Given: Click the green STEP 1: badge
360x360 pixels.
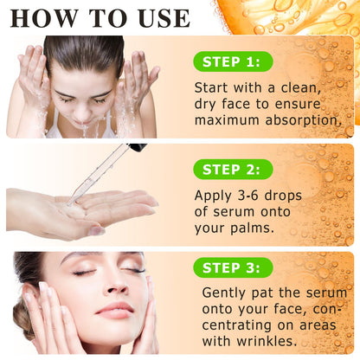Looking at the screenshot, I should pos(233,61).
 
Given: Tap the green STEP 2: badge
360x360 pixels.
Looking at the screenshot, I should pos(233,170).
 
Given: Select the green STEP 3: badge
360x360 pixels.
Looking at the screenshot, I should pos(233,267).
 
